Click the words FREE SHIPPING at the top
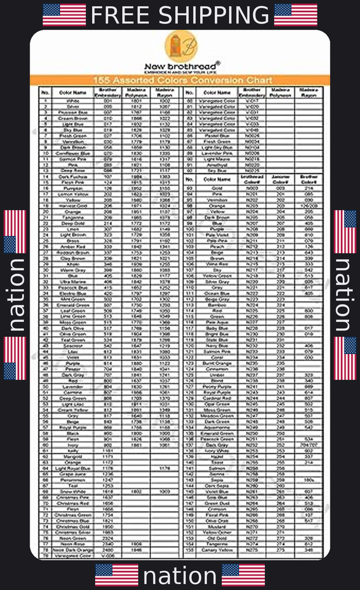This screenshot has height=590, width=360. (x=179, y=15)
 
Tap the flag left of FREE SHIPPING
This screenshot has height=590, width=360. (x=64, y=15)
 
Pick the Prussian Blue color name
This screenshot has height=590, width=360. (x=73, y=112)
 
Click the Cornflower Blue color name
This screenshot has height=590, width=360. (x=73, y=153)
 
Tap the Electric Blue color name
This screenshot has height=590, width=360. (x=73, y=293)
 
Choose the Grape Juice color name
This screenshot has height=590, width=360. (x=73, y=474)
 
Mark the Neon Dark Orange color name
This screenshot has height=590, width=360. (x=73, y=550)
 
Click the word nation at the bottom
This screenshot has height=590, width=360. (x=179, y=575)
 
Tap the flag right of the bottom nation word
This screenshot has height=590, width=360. (x=243, y=575)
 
